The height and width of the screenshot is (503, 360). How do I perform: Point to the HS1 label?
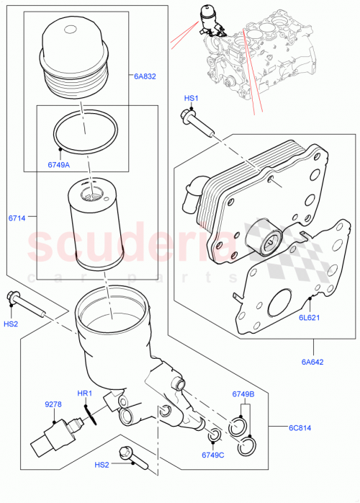190,98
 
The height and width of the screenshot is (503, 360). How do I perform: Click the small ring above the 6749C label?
214,435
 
